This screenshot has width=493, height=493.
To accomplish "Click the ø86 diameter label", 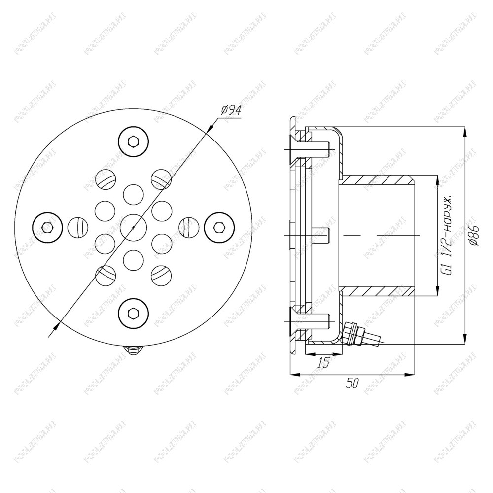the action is tap(475, 235).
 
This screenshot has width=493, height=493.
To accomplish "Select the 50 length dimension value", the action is tap(352, 384).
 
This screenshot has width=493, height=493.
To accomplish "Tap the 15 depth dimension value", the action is tap(323, 363).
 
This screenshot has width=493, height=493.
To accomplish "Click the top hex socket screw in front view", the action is tap(133, 141).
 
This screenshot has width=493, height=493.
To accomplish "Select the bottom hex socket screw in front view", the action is tap(133, 313).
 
